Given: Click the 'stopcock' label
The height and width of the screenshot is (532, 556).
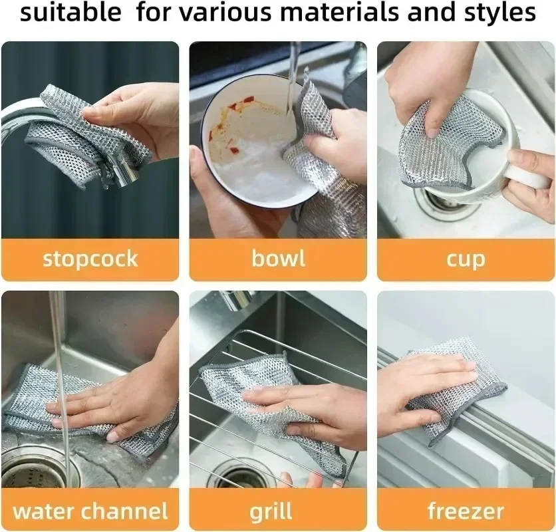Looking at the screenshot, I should tap(90, 259).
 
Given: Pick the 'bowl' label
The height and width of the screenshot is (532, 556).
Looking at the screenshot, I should tap(278, 259).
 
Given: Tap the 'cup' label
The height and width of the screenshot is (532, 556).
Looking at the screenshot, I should tap(466, 259).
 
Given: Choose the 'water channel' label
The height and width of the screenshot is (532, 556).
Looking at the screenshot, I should tap(90, 511).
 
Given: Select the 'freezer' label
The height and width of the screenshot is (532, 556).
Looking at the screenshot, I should tap(466, 511).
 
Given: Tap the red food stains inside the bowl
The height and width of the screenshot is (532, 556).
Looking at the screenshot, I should tap(233, 106).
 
